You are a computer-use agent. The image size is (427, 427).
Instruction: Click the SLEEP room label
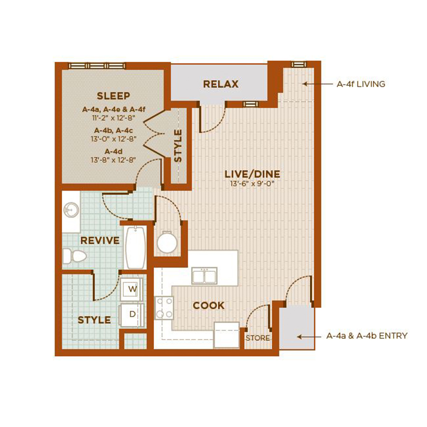[113, 96]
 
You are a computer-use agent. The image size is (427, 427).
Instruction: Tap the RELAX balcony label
[221, 84]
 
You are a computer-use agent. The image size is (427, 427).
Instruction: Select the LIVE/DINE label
[252, 174]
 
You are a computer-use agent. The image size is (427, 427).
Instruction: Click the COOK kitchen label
[209, 305]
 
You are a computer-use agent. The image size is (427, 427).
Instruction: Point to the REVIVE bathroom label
[100, 241]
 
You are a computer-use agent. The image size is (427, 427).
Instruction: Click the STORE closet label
[258, 338]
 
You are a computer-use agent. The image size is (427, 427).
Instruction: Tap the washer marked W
[131, 289]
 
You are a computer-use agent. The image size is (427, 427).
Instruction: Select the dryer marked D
[131, 316]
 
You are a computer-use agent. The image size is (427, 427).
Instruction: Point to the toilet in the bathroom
[74, 256]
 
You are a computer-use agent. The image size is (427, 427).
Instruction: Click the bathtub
[135, 247]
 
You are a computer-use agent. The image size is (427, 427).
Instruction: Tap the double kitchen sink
[204, 276]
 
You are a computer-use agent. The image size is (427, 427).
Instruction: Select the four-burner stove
[164, 308]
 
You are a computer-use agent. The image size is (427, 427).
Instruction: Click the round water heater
[167, 242]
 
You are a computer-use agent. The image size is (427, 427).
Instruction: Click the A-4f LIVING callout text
[361, 84]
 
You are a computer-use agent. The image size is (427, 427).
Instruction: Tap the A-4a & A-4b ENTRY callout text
[367, 336]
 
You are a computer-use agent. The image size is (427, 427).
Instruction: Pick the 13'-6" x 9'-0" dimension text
[252, 184]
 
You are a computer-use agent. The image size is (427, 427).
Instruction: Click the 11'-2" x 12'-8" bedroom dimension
[113, 118]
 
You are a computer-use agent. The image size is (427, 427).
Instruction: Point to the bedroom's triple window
[97, 65]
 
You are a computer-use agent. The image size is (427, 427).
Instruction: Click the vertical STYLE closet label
[178, 146]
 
